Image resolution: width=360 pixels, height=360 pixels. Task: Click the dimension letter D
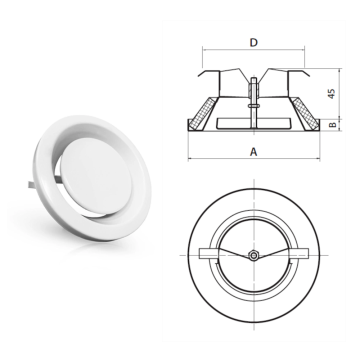tap(254, 43)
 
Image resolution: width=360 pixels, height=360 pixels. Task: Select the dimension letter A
tap(254, 152)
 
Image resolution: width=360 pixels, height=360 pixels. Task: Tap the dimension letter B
tap(332, 125)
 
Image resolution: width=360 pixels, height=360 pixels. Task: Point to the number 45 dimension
tap(331, 93)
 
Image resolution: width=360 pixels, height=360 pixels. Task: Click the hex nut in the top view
tap(254, 256)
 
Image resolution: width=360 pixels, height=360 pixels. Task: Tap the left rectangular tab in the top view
tap(209, 253)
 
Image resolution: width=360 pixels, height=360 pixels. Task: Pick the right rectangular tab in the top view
tap(298, 253)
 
